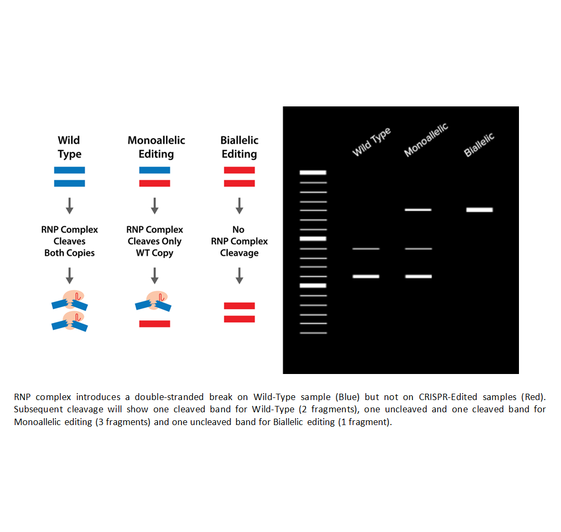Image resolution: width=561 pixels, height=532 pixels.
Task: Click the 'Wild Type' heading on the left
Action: tap(69, 147)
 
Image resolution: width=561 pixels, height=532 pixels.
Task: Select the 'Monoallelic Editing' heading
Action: tap(156, 147)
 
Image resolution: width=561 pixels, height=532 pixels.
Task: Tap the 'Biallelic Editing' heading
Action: tap(240, 147)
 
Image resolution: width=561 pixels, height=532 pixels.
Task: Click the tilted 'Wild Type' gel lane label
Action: tap(372, 142)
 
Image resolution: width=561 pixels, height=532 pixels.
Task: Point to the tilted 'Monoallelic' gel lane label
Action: tap(426, 140)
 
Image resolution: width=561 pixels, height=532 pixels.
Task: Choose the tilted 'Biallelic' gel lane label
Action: tap(478, 145)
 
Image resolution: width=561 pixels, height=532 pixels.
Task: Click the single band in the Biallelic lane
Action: tap(480, 210)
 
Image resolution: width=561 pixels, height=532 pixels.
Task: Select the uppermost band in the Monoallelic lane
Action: tap(418, 210)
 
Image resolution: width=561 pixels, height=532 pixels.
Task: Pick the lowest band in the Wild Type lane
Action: tap(366, 276)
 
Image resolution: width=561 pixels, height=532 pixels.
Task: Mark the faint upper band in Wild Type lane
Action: tap(366, 248)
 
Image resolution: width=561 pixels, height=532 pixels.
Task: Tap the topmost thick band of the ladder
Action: tap(313, 173)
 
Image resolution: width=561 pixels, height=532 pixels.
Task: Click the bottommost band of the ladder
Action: tap(313, 333)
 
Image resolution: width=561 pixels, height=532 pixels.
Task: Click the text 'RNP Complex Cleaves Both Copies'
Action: tap(69, 242)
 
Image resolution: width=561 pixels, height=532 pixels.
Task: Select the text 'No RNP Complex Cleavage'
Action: tap(240, 242)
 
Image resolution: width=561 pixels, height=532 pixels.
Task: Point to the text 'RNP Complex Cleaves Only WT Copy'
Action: tap(154, 242)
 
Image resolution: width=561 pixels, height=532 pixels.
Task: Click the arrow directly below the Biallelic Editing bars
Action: tap(240, 206)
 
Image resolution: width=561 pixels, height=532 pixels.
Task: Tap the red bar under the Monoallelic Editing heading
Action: tap(154, 184)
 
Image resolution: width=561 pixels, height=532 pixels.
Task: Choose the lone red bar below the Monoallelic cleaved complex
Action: tap(154, 323)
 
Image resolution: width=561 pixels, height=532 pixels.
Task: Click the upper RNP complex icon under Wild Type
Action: tap(70, 301)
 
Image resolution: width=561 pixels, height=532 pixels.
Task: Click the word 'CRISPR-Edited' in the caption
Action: tap(448, 397)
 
